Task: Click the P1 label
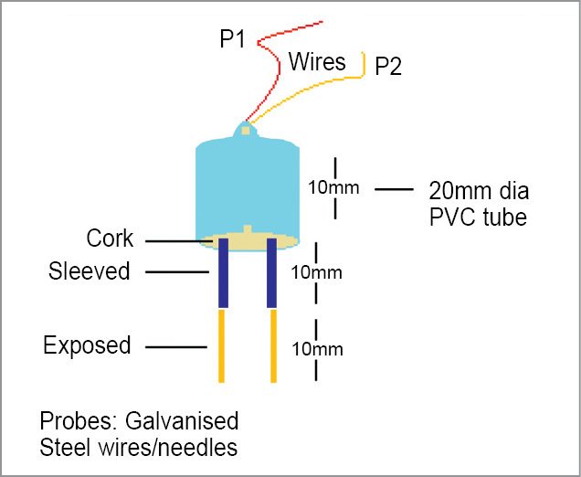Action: (x=233, y=39)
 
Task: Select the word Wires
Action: (x=317, y=62)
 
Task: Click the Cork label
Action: (x=110, y=239)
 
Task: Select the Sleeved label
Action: (x=89, y=271)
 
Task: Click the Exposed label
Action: (x=87, y=345)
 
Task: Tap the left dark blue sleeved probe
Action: (x=222, y=274)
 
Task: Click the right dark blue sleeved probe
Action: (x=271, y=274)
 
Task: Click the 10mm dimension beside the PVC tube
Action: (x=333, y=188)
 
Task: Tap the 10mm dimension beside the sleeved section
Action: (x=316, y=272)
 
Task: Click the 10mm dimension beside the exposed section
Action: (x=316, y=349)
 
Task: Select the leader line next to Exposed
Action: (x=175, y=346)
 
